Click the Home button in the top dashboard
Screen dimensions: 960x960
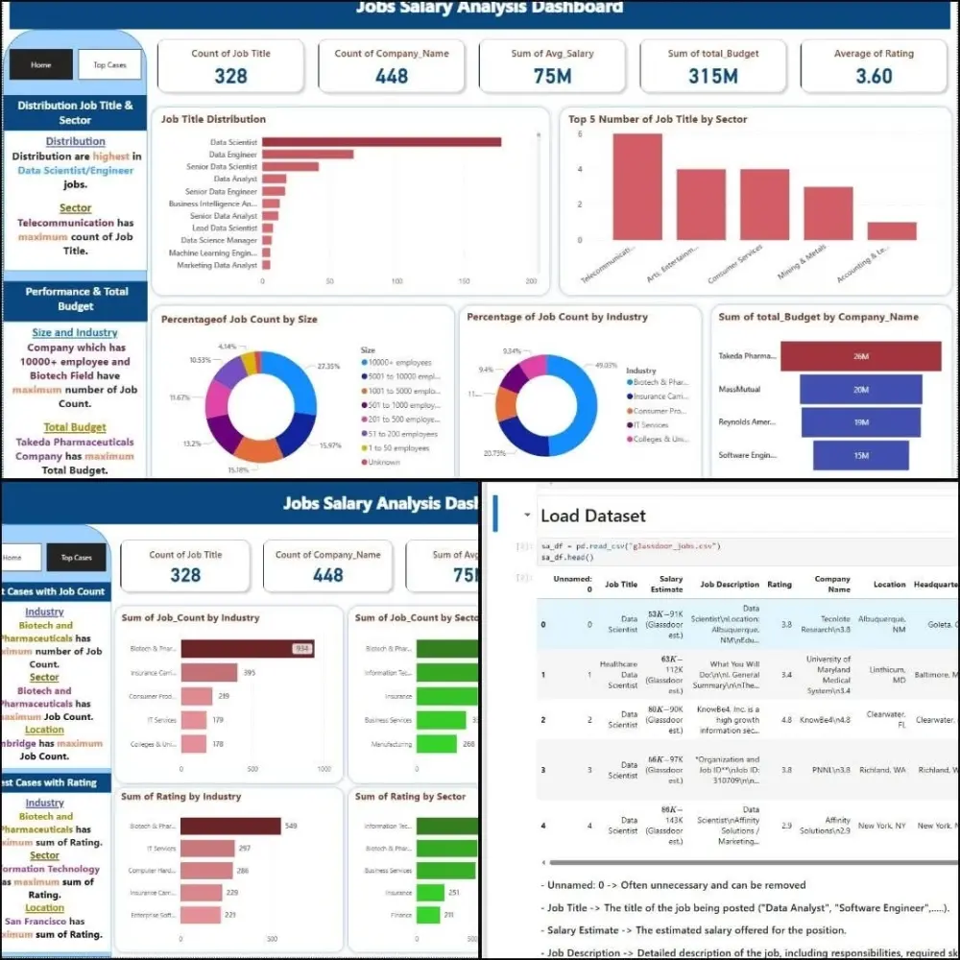pos(40,65)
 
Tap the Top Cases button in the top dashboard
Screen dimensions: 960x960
pos(109,65)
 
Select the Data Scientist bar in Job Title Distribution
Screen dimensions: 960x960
pos(381,142)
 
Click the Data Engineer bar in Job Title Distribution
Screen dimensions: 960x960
pos(307,155)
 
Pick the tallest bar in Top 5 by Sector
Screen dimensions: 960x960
pos(637,186)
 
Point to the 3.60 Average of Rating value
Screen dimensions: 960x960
pos(873,76)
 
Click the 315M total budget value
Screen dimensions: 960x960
pos(712,76)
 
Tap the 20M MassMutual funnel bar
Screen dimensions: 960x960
pos(860,390)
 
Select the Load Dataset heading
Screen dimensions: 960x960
pos(592,516)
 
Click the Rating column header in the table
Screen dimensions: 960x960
pos(780,584)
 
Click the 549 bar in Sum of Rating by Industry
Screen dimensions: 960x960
pos(230,827)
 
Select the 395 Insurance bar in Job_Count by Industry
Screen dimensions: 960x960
pos(208,673)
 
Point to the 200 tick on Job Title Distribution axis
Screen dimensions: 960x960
pos(531,281)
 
